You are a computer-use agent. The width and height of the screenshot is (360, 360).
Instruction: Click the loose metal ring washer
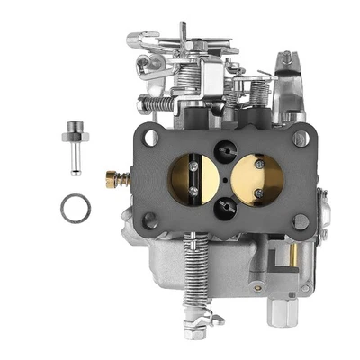(76, 209)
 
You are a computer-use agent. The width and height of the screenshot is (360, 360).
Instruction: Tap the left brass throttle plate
(191, 179)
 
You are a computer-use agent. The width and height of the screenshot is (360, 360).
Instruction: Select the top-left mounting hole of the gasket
(150, 139)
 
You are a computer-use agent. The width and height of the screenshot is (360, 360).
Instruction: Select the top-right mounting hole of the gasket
(300, 139)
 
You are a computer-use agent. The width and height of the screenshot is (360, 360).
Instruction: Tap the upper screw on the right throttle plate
(259, 164)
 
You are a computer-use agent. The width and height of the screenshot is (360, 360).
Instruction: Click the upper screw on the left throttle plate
(193, 164)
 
